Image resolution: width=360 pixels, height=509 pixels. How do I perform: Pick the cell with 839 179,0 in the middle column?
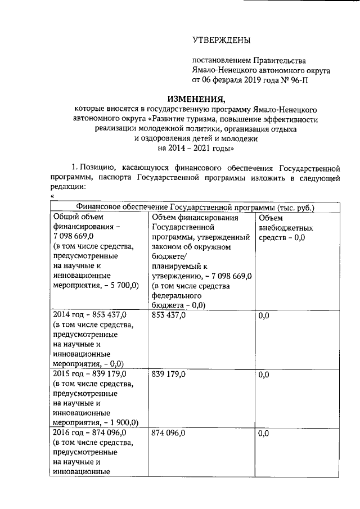click(169, 375)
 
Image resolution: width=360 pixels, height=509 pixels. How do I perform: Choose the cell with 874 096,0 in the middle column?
click(169, 434)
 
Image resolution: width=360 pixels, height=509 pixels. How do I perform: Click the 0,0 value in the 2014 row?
click(263, 316)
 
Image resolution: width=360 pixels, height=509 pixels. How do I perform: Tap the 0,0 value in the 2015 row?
click(263, 375)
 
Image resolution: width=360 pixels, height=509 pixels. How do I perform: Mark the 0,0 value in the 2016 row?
click(263, 434)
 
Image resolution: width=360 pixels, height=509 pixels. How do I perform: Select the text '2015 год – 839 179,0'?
click(89, 374)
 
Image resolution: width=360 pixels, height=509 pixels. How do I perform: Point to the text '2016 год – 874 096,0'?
click(89, 433)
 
